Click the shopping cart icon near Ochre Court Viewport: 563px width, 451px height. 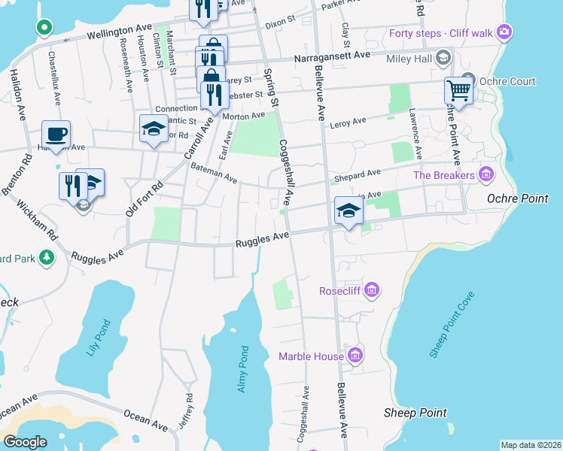point(458,91)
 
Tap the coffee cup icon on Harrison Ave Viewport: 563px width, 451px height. point(56,135)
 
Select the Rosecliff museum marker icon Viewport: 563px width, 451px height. point(371,290)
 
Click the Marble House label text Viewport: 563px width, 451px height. point(311,356)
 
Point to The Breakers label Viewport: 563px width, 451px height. point(445,176)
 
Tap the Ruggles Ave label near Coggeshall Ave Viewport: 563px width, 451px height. point(262,240)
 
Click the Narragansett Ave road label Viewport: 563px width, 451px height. point(342,56)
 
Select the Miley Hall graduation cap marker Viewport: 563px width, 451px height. point(443,59)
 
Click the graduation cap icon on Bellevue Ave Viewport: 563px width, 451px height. point(348,210)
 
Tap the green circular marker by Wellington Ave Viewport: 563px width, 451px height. point(44,28)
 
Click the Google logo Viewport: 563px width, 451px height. point(26,442)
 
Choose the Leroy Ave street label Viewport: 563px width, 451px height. point(348,120)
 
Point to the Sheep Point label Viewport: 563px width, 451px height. point(415,413)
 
